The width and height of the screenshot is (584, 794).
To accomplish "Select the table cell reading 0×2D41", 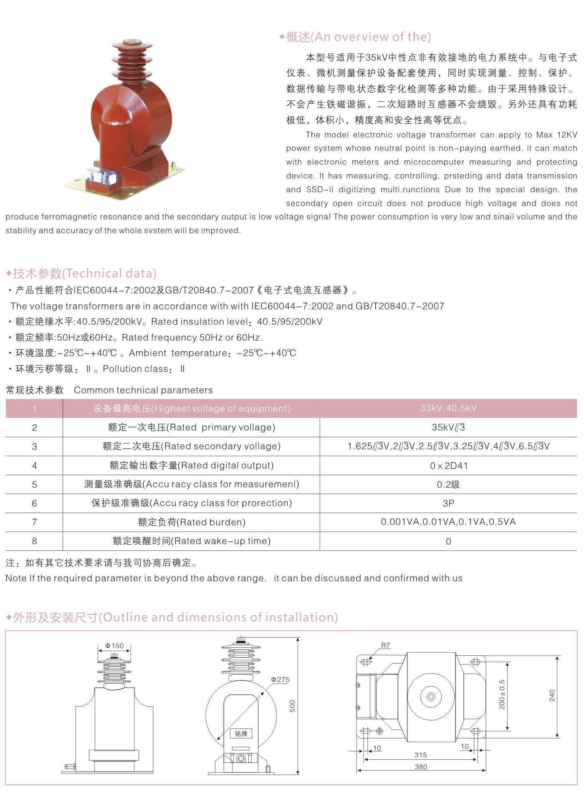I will pos(448,466).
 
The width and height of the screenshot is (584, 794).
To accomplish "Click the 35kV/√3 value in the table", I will pos(448,428).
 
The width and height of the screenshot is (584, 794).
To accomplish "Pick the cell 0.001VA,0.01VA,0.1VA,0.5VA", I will pos(448,522).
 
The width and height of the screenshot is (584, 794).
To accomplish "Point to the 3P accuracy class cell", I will pos(448,503).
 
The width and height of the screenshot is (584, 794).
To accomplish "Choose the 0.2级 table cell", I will pos(448,484).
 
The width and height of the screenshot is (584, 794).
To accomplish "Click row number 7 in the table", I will pos(34,522).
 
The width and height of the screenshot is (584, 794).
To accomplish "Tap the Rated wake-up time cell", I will pos(192,541).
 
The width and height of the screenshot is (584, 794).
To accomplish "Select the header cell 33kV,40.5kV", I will pos(448,408).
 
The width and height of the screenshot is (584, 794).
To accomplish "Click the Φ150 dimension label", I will pos(114,646).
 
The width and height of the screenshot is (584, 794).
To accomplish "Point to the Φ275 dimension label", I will pos(280,679).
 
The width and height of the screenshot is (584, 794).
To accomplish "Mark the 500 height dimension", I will pos(292,706).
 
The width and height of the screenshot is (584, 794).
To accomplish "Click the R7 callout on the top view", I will pos(385,646).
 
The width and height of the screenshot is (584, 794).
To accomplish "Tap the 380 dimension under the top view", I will pos(421,767).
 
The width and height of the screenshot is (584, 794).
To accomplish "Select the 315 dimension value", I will pos(421,755).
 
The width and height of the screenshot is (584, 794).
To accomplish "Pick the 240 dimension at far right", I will pos(552,695).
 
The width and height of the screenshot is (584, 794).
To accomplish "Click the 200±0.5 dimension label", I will pos(502,695).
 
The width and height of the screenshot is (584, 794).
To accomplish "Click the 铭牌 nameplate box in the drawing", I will pos(241,733).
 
